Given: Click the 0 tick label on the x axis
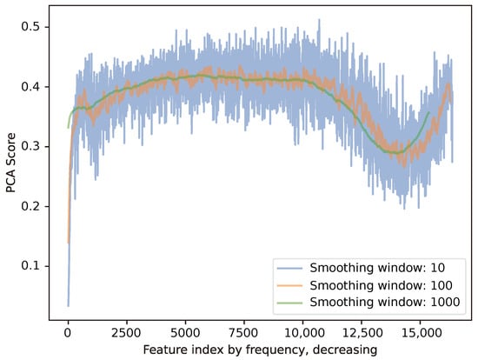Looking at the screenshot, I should coord(68,331).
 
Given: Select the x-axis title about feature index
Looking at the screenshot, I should coord(261,349).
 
